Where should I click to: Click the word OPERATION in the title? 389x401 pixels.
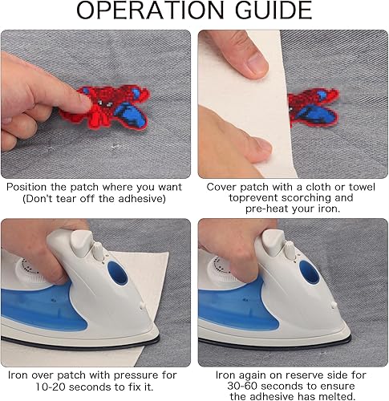(150, 10)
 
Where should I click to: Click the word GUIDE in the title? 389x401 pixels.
(274, 10)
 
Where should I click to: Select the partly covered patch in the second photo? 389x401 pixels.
(314, 107)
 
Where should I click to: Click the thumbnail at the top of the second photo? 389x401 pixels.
(257, 63)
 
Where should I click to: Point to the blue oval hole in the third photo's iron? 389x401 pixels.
(118, 273)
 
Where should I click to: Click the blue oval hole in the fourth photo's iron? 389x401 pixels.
(309, 272)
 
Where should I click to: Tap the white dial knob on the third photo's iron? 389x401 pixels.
(98, 251)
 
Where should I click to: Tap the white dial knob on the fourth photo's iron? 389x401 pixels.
(290, 250)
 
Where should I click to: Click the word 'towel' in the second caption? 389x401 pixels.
(362, 187)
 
